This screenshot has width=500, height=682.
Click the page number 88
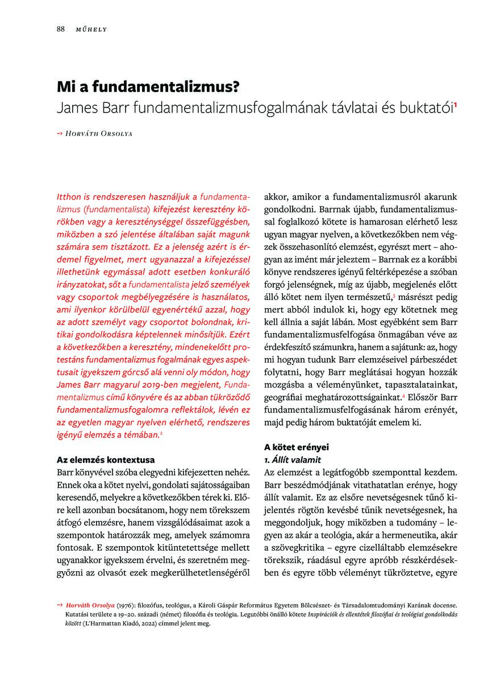(60, 29)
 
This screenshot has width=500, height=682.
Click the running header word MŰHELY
(91, 30)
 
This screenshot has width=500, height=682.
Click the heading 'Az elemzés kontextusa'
(106, 459)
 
